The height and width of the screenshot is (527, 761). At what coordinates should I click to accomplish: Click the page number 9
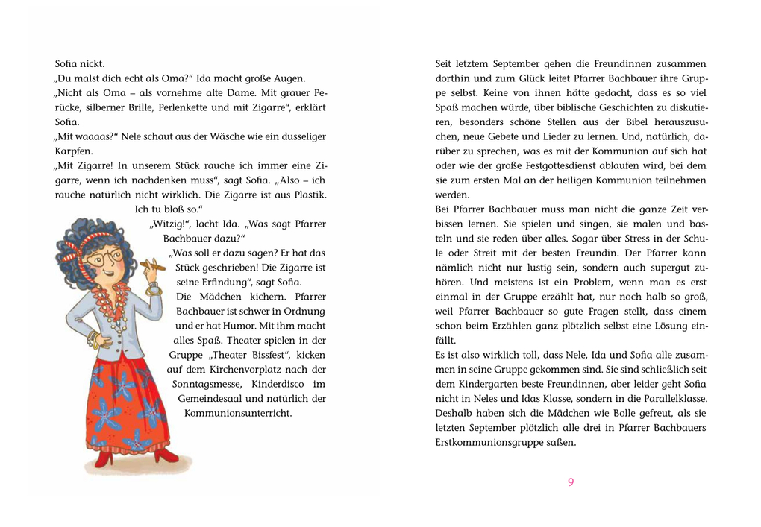click(571, 482)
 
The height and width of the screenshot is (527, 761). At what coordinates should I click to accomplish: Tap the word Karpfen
click(73, 151)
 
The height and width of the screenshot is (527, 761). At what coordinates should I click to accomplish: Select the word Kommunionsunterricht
click(238, 413)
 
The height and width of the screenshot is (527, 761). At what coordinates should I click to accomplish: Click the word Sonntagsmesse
click(206, 384)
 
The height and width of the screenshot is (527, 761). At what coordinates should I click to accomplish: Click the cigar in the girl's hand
click(152, 264)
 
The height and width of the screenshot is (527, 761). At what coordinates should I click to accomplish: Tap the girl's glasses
click(104, 257)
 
